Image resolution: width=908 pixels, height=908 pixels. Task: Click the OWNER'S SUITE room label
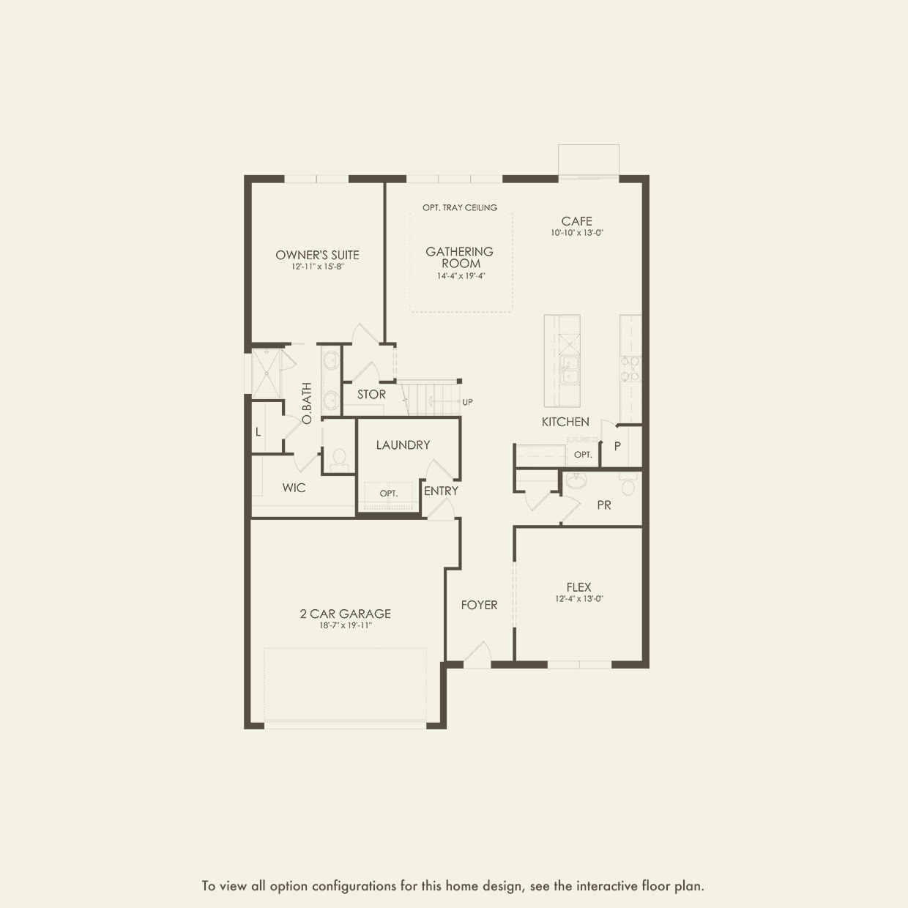317,255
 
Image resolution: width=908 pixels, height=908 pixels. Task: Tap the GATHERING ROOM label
459,258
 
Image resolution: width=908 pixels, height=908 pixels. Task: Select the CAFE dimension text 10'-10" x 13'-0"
577,233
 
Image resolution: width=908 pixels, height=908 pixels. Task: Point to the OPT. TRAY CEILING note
460,207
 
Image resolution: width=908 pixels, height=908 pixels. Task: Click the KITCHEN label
565,422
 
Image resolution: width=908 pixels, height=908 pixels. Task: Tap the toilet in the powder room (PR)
628,484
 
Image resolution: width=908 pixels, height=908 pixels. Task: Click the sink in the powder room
576,480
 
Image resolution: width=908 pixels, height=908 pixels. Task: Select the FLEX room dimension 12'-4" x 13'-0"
579,599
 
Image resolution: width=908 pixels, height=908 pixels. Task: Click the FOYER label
479,605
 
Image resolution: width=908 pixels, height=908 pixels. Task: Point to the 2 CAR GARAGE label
346,614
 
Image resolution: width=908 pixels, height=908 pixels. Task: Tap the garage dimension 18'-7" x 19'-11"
346,626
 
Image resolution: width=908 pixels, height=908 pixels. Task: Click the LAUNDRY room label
403,444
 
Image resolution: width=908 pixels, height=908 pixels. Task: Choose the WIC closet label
294,488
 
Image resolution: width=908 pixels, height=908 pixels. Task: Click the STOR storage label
371,395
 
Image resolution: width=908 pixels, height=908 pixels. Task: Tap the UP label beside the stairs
467,402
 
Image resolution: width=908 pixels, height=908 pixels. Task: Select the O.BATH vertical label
307,403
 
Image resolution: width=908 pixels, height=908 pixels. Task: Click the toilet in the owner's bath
339,459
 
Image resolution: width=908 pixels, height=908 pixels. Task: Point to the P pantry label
617,446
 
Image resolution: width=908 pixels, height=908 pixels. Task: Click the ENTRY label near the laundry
441,491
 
